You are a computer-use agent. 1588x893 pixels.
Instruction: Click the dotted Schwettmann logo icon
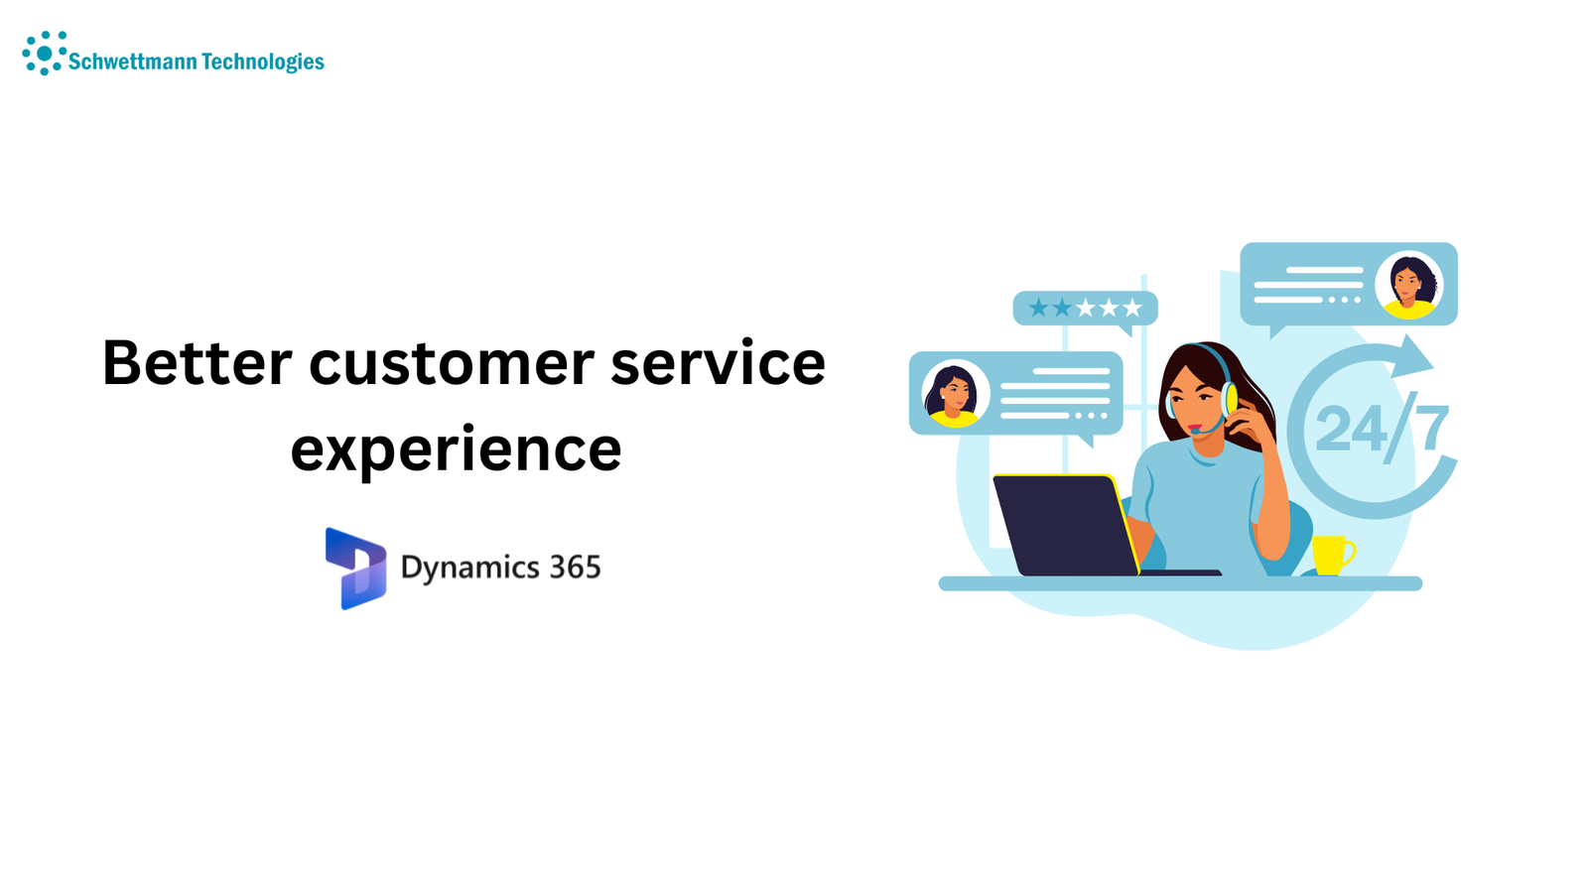(x=45, y=54)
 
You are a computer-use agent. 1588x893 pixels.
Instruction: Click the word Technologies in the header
(x=263, y=62)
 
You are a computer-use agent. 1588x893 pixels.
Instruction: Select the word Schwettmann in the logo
(x=133, y=62)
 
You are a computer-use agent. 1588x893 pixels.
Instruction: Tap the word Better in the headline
(x=198, y=363)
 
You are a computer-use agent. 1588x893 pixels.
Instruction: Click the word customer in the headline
(x=452, y=364)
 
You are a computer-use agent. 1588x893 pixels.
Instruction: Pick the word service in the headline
(x=719, y=363)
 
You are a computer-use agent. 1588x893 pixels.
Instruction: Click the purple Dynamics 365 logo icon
(x=356, y=569)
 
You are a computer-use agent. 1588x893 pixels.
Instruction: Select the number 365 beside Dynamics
(x=575, y=567)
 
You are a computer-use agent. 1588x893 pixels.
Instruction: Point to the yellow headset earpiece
(x=1229, y=399)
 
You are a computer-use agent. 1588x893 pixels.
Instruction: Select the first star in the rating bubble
(x=1038, y=309)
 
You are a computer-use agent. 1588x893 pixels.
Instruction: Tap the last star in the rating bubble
(x=1132, y=309)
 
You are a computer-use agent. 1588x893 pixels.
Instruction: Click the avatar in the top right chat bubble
(x=1409, y=285)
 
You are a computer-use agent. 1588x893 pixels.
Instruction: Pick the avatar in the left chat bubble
(x=954, y=394)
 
